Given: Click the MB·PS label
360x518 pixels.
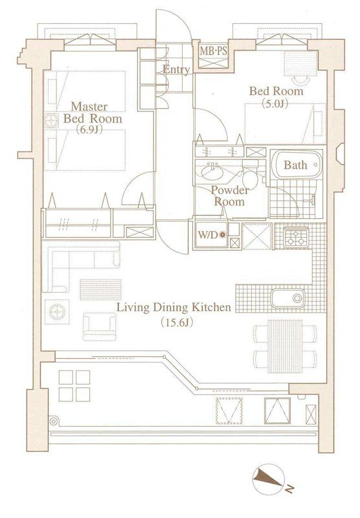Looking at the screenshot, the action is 214,52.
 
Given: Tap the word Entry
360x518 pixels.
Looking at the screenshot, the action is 176,70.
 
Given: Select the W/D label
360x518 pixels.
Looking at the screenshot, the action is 208,235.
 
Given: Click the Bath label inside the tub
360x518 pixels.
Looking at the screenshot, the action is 295,165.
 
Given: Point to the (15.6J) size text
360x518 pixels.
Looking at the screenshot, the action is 176,322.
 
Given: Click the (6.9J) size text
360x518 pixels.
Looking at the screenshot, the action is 89,129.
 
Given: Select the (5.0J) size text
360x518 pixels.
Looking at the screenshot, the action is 275,104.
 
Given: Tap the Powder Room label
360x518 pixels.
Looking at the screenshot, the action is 230,196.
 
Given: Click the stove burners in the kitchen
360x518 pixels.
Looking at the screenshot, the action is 296,238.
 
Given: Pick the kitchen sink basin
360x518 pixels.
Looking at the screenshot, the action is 287,298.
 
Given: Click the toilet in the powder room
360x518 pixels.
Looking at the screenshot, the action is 250,175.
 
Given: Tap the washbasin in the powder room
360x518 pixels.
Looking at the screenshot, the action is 212,172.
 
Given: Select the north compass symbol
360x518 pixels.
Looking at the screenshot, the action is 269,479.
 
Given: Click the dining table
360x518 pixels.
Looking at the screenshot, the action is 285,346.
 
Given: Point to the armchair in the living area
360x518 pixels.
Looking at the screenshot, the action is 100,327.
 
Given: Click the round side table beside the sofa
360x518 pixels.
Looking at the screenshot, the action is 57,311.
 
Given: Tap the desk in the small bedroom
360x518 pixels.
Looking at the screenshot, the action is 300,63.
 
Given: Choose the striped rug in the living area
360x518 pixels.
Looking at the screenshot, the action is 100,289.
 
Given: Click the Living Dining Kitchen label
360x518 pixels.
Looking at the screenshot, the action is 174,308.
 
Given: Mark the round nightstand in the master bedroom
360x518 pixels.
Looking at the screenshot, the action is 52,121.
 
